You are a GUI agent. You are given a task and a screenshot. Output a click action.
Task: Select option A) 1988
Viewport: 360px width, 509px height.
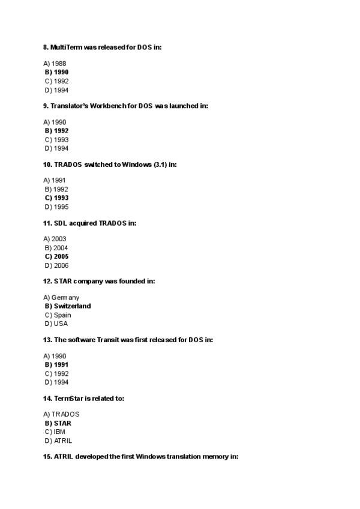click(x=55, y=64)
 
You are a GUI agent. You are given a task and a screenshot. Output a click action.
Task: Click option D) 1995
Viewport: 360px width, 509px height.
click(x=56, y=207)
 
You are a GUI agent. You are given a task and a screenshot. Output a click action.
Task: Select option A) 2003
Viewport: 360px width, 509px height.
click(x=55, y=239)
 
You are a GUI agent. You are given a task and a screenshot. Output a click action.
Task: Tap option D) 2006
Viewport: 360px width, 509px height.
click(x=56, y=265)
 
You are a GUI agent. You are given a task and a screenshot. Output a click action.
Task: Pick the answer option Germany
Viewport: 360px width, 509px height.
click(x=65, y=298)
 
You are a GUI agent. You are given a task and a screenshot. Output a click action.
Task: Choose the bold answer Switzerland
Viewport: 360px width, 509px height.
click(x=72, y=306)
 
